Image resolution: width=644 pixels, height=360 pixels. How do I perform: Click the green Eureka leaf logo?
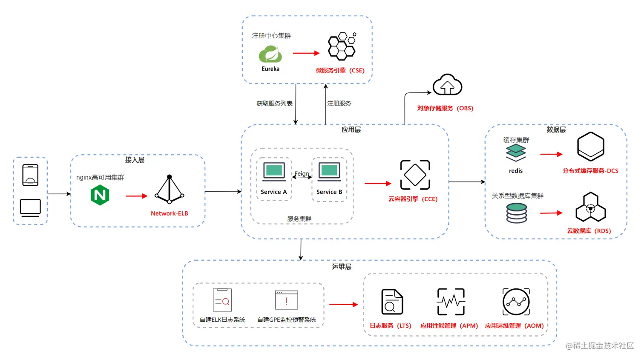point(270,54)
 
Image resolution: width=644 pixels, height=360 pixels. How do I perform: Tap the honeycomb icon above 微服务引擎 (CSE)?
point(342,46)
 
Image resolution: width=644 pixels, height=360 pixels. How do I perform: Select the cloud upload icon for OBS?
point(447,84)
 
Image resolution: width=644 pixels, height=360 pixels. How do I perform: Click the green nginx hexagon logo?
point(100,195)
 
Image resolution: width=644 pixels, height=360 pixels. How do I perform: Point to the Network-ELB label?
point(170,213)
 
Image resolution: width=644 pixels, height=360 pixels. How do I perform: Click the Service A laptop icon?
point(274,172)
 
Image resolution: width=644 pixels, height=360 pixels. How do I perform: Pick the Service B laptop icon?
point(329,172)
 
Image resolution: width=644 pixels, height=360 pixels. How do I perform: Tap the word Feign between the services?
point(302,173)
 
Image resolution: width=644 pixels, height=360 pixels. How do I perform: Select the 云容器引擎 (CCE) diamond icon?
point(415,175)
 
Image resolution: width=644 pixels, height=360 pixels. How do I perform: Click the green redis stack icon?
point(516,153)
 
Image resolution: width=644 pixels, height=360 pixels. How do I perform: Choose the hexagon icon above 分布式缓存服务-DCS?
point(590,147)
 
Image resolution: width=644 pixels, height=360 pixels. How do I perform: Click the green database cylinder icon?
point(517,213)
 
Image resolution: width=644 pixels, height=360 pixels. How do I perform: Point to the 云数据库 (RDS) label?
point(589,231)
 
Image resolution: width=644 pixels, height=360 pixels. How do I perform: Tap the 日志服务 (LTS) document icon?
point(392,302)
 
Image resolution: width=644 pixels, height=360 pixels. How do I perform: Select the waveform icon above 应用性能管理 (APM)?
point(451,302)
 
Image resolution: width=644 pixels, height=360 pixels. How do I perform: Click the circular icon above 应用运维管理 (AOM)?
point(516,302)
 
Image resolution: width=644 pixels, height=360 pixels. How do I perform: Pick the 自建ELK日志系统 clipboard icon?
point(222,300)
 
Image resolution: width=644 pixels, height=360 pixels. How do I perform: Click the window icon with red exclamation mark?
point(286,300)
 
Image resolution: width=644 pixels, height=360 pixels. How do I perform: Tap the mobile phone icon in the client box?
point(31,175)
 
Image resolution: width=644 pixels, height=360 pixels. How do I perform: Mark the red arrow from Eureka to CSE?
point(306,53)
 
